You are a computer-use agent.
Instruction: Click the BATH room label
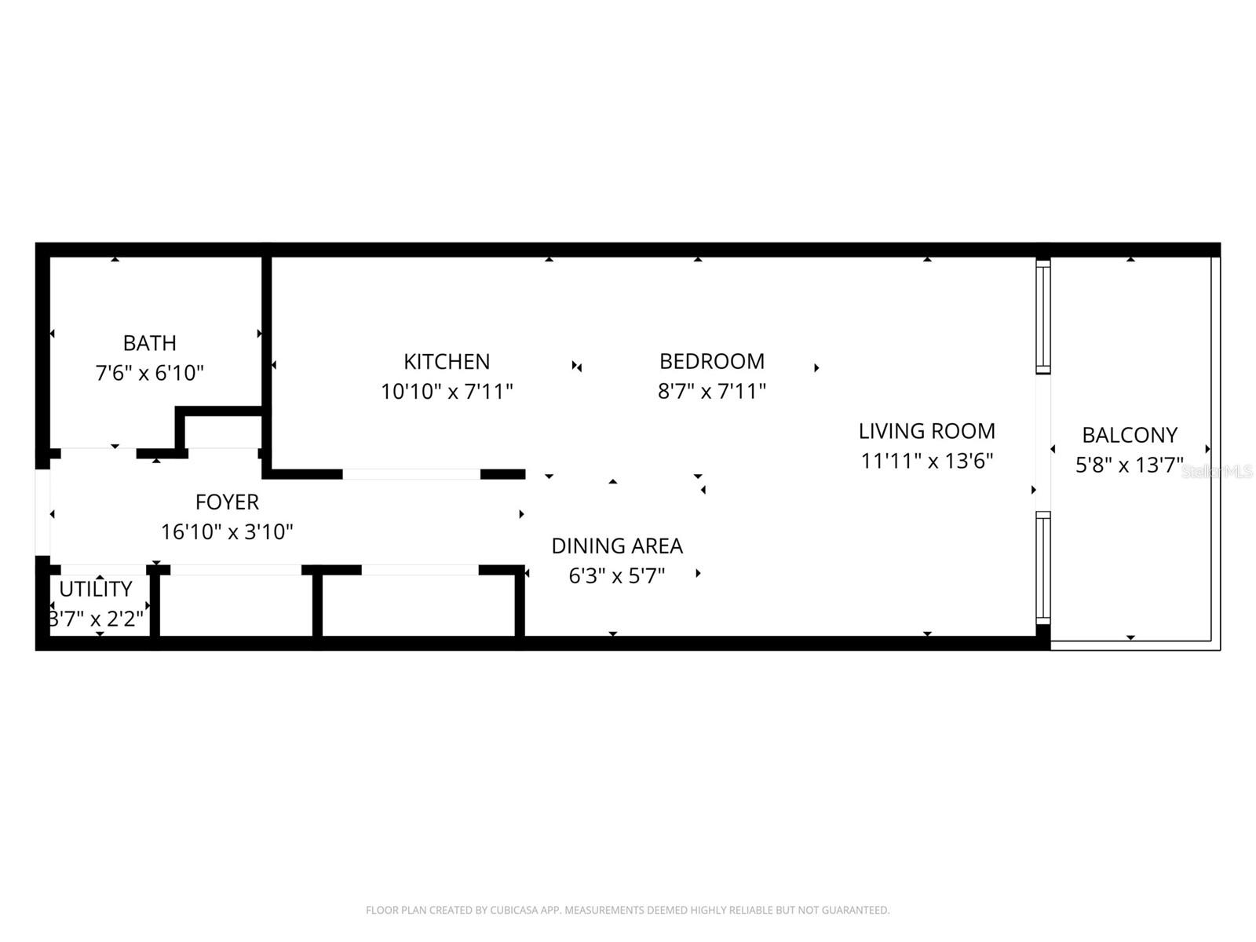point(149,343)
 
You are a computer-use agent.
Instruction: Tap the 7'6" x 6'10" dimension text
point(149,373)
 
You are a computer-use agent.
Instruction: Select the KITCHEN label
point(447,361)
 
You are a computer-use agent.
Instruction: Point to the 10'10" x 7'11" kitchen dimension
point(447,391)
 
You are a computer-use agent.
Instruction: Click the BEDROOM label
point(711,361)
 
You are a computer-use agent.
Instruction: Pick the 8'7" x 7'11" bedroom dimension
point(711,391)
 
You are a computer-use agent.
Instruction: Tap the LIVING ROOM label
point(926,431)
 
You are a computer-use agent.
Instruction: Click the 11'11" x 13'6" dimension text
point(926,461)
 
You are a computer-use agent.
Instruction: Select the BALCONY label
point(1129,435)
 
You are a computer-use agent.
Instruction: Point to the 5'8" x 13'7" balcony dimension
point(1129,465)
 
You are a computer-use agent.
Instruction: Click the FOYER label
point(227,502)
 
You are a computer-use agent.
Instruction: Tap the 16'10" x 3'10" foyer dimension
point(227,531)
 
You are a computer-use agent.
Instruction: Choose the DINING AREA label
point(617,546)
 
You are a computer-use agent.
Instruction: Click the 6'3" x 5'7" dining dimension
point(617,575)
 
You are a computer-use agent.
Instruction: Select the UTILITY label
point(96,589)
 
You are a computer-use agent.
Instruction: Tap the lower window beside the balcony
point(1042,568)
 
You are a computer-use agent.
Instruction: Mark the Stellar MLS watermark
point(1218,471)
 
